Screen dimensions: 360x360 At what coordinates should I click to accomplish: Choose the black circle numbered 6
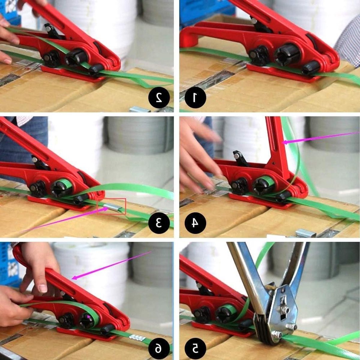point(159,348)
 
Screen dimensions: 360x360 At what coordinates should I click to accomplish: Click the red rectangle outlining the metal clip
point(112,206)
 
